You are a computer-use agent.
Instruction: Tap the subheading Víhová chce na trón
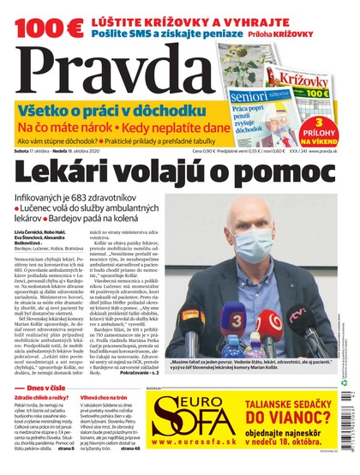tap(115, 400)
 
